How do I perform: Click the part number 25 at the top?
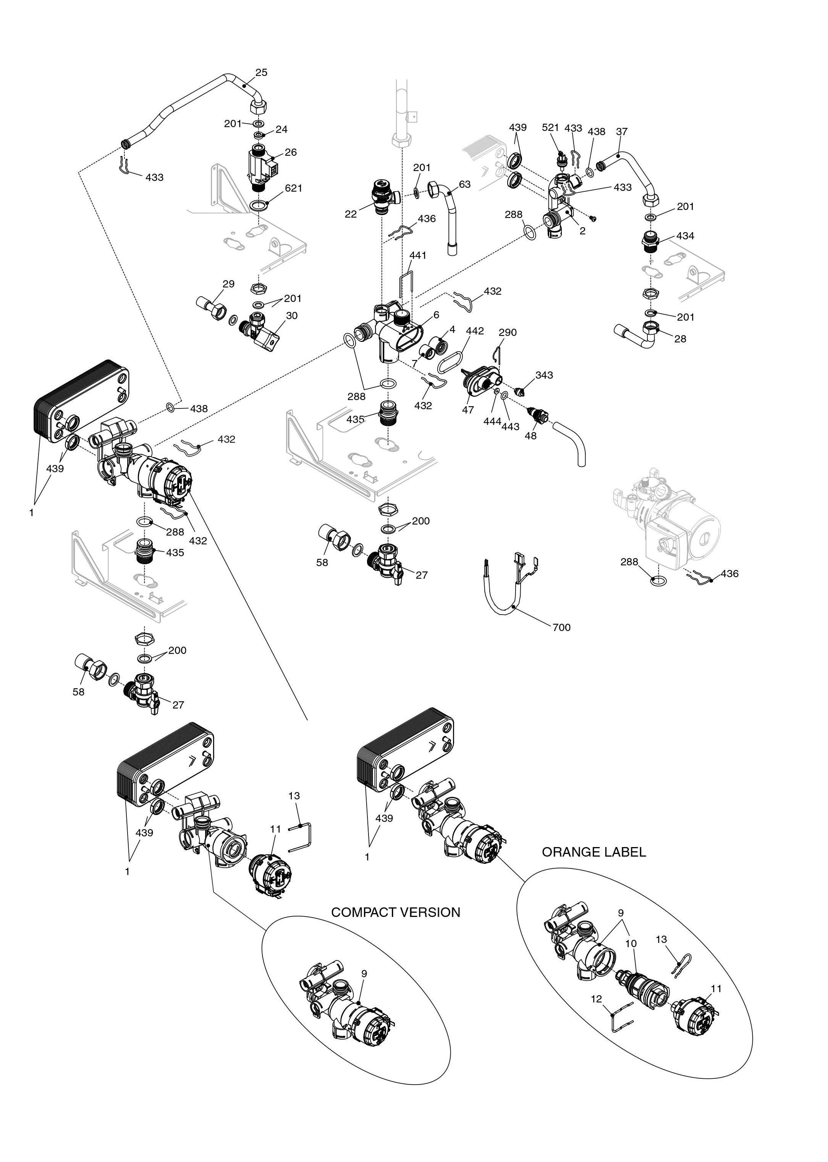(x=261, y=73)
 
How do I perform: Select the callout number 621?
(x=294, y=188)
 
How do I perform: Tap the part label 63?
(x=464, y=184)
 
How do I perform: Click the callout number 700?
(x=561, y=627)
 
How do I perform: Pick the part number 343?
(x=544, y=375)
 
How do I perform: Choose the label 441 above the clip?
(x=417, y=255)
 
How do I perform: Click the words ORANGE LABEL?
(x=594, y=852)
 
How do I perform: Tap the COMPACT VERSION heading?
(x=396, y=912)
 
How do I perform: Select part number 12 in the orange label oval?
(x=597, y=999)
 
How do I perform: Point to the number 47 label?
(x=468, y=410)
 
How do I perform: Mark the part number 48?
(x=531, y=436)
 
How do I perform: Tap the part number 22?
(x=350, y=214)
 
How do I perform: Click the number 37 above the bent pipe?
(x=621, y=131)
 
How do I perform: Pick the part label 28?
(x=680, y=339)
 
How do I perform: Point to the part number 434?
(x=685, y=236)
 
